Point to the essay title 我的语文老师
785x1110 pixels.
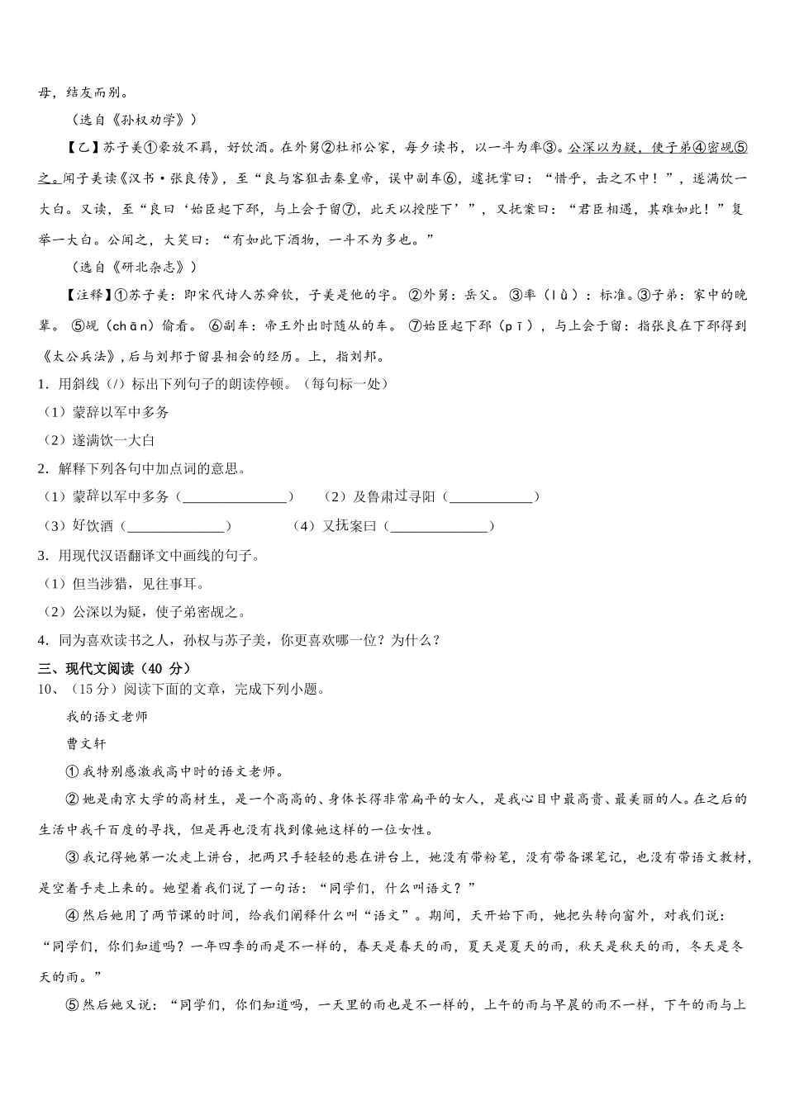pyautogui.click(x=107, y=717)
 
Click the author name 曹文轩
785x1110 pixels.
pyautogui.click(x=87, y=743)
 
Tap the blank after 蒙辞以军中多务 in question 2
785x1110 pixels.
pyautogui.click(x=235, y=498)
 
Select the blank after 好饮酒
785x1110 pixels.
pyautogui.click(x=176, y=527)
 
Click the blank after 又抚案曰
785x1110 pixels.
pyautogui.click(x=440, y=527)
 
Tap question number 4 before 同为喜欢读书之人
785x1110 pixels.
pyautogui.click(x=41, y=641)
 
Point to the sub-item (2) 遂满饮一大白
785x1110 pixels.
pyautogui.click(x=99, y=441)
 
